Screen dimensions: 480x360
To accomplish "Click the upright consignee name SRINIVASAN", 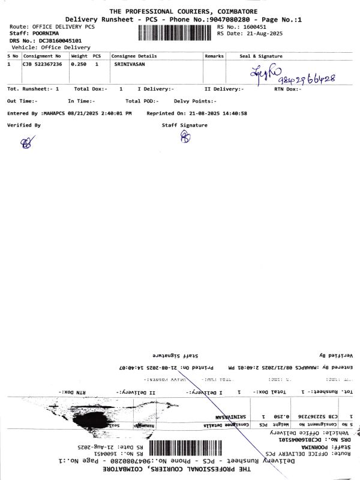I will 129,64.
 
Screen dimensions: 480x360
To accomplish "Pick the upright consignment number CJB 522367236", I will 42,64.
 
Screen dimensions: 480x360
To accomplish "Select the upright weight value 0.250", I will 79,64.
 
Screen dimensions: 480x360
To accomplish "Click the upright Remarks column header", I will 214,56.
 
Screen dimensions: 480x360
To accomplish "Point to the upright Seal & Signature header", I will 261,56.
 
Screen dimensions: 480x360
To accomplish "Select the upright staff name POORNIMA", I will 46,34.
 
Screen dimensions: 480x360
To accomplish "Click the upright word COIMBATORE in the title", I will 230,11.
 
